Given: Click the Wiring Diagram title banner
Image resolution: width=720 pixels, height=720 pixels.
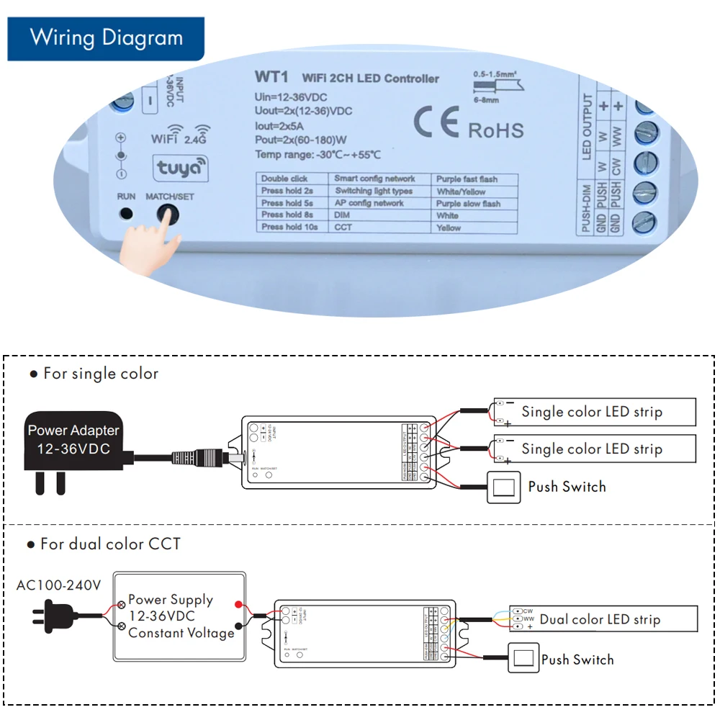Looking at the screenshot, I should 106,38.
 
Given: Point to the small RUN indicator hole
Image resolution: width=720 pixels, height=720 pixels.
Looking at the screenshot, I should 127,214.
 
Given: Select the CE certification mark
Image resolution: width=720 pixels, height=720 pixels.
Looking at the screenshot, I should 436,124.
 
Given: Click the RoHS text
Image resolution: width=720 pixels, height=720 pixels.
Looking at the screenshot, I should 496,130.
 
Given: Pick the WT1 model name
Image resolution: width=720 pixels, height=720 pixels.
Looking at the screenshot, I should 271,76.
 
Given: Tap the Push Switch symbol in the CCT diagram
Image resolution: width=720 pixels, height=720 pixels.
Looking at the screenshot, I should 523,658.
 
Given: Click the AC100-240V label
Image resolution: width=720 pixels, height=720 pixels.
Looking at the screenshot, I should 59,585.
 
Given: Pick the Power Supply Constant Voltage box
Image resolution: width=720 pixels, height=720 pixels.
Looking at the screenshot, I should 181,616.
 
